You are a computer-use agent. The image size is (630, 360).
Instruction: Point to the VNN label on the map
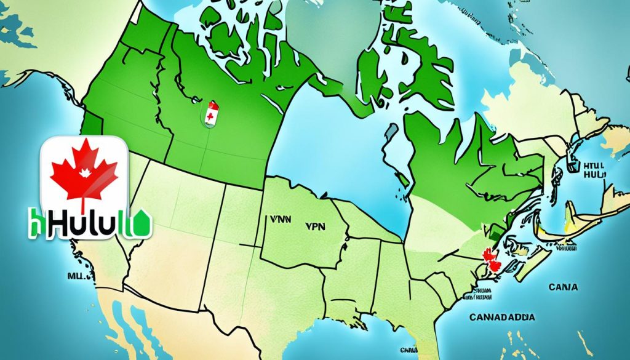(279, 218)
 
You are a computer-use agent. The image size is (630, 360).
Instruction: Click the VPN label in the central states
(315, 226)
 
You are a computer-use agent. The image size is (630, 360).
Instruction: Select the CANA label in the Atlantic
(564, 287)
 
